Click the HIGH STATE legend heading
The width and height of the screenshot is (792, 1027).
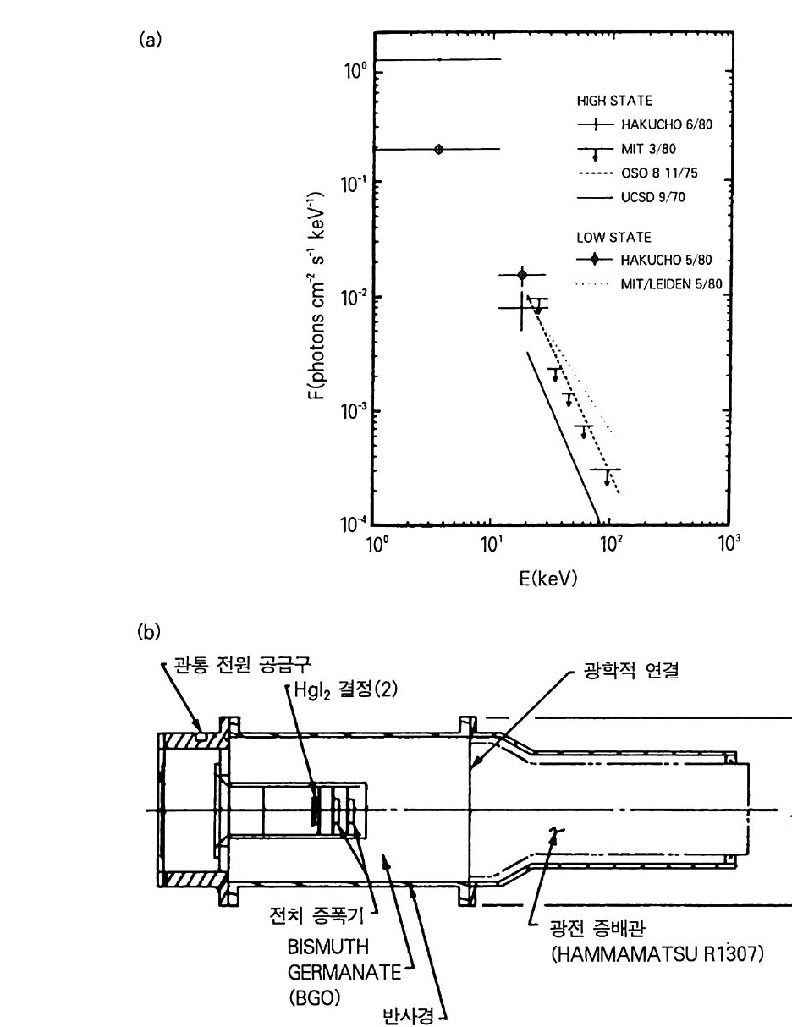pos(614,101)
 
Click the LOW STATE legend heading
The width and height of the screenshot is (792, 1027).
pos(613,237)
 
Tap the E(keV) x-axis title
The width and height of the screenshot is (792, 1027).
pos(548,579)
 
